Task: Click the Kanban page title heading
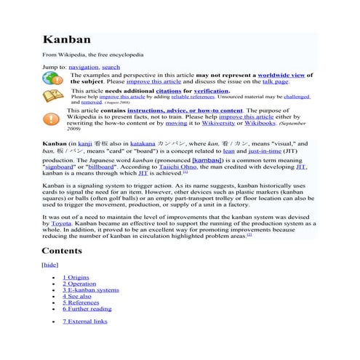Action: coord(66,39)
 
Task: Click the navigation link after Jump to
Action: coord(84,67)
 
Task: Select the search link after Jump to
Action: coord(111,67)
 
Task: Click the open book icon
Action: coord(53,97)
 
